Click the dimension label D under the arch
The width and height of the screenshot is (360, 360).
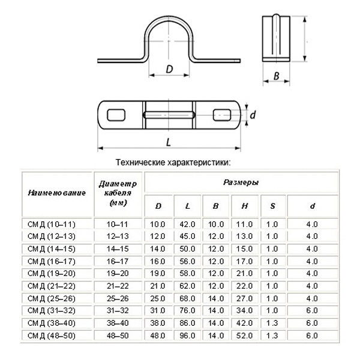click(x=169, y=70)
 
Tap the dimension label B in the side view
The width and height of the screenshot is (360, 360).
click(x=276, y=76)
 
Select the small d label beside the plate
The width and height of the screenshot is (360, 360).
click(x=254, y=115)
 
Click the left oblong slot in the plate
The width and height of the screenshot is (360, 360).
click(x=116, y=115)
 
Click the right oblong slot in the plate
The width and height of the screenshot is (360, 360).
click(x=223, y=115)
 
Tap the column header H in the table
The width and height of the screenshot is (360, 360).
click(x=245, y=206)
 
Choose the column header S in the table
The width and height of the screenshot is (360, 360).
click(x=272, y=206)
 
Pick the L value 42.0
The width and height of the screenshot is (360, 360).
click(x=187, y=224)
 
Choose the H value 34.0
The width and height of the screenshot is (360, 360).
click(x=245, y=310)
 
